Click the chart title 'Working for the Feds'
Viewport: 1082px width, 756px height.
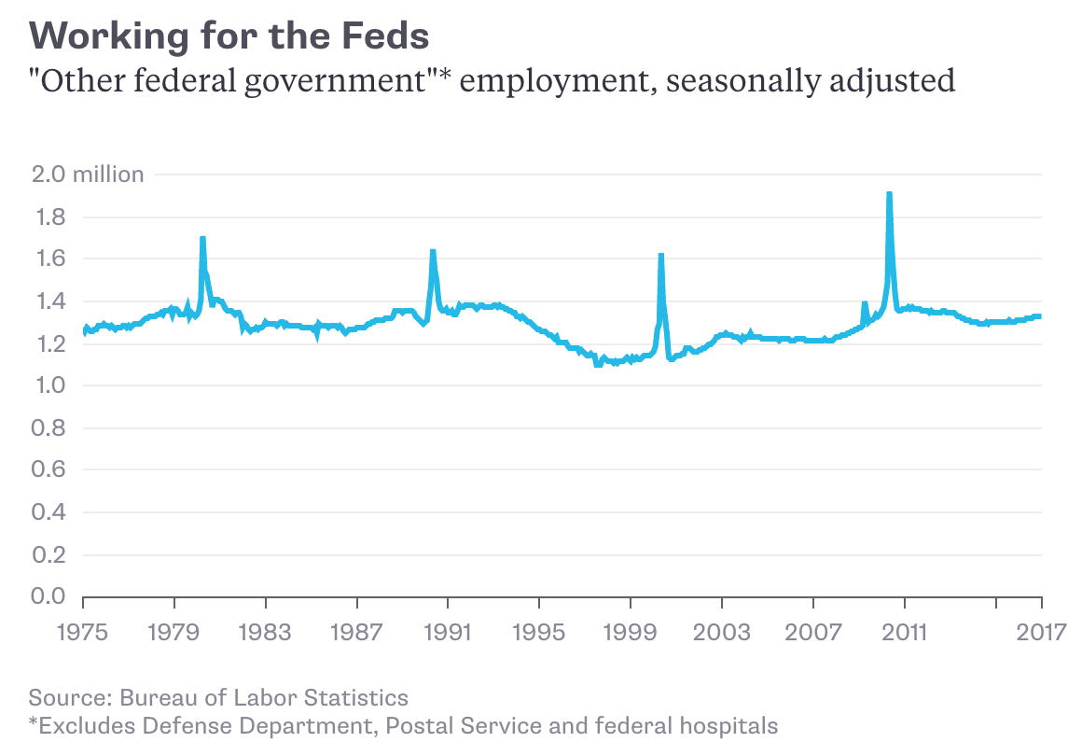click(x=229, y=36)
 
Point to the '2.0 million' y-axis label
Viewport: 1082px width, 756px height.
click(x=87, y=175)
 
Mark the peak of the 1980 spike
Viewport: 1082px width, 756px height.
click(x=202, y=239)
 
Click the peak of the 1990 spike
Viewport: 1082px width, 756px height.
click(x=433, y=251)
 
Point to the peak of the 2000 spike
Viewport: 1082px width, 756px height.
click(x=660, y=255)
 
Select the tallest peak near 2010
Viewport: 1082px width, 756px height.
click(x=889, y=194)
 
